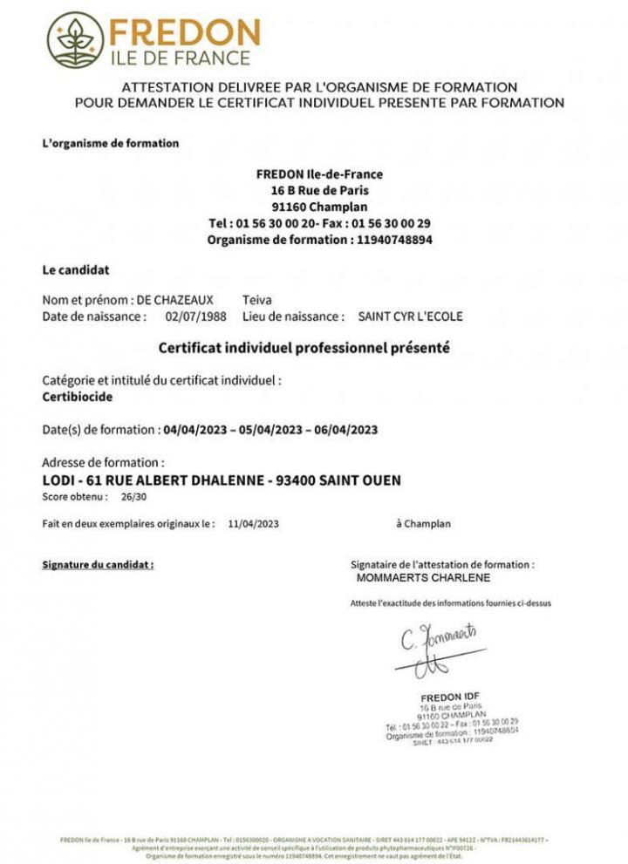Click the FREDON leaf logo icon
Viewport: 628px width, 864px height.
pos(76,41)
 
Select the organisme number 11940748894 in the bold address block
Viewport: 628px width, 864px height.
pos(395,239)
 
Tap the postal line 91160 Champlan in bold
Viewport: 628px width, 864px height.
pos(319,207)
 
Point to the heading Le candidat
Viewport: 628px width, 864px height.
pos(76,270)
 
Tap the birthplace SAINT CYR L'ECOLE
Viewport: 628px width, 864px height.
pos(410,316)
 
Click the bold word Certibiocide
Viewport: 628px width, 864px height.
pos(78,396)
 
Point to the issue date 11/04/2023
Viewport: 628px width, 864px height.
pos(254,524)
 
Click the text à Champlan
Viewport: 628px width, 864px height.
pos(423,524)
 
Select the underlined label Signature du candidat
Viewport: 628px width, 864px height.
pos(98,565)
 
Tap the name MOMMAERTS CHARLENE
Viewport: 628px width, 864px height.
pos(423,577)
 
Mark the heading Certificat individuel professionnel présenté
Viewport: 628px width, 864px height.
pos(304,348)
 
